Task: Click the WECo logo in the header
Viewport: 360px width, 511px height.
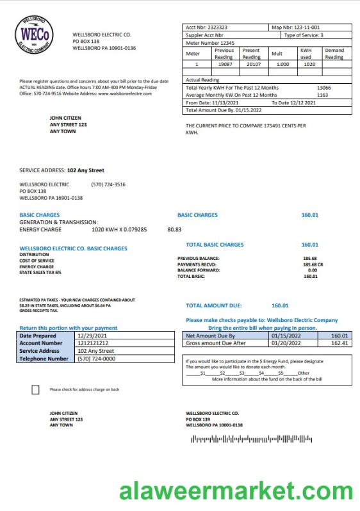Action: coord(36,36)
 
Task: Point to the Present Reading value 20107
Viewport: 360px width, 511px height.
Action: coord(251,64)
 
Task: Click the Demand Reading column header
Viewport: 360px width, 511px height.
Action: coord(334,53)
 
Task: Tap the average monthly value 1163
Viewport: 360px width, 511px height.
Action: coord(322,95)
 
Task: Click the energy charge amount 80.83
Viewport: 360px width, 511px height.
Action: coord(174,229)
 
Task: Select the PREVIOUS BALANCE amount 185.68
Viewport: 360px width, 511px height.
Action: coord(310,258)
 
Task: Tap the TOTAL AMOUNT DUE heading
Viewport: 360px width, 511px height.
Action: coord(214,305)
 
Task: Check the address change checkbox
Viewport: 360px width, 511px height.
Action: coord(35,390)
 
